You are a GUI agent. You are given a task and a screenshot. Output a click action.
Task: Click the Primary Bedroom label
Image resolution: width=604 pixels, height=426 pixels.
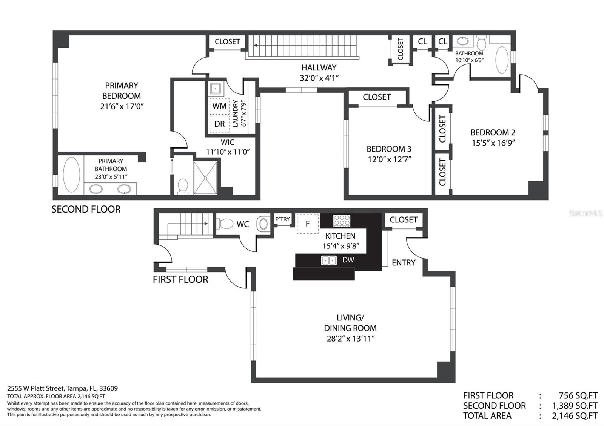[x=121, y=91]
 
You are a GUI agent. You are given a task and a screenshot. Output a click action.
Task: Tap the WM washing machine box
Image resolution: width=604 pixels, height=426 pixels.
[x=219, y=106]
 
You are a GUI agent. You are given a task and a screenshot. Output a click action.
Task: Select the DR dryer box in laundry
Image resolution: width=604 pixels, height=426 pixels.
[x=219, y=124]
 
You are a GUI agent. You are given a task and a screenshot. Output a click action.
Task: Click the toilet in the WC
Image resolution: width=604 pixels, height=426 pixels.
[x=226, y=224]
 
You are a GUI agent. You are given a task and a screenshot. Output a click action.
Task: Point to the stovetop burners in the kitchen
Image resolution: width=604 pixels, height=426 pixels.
[x=342, y=221]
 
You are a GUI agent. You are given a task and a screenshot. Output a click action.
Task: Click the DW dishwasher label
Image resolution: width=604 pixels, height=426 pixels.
[x=348, y=260]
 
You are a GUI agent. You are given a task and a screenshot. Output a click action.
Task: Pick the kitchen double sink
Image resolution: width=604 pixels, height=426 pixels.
[x=329, y=261]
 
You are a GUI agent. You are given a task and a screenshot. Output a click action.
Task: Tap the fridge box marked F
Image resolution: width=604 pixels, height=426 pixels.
[x=308, y=224]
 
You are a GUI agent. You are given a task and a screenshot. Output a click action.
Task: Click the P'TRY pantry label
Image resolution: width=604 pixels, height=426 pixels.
[x=282, y=219]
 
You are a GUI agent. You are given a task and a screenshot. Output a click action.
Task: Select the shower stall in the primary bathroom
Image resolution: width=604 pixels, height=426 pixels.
[x=205, y=178]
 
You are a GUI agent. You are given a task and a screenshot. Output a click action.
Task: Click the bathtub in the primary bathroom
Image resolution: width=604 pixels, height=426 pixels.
[x=71, y=175]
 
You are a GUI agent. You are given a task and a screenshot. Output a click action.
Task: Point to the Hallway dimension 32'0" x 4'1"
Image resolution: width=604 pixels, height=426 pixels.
[x=319, y=78]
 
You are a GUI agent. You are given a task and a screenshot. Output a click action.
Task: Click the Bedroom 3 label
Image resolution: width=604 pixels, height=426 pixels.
[x=389, y=149]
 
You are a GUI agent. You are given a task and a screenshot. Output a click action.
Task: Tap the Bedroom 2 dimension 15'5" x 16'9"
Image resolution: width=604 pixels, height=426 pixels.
[x=493, y=143]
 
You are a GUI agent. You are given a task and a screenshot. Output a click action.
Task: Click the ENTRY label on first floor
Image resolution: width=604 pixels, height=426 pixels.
[x=404, y=262]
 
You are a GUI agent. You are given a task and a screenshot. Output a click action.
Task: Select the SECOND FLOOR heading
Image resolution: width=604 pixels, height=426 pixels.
[x=86, y=210]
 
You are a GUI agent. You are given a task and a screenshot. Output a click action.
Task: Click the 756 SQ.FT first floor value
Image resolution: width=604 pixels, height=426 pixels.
[x=578, y=395]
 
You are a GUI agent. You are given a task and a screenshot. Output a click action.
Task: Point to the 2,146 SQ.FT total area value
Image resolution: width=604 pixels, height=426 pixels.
[x=575, y=416]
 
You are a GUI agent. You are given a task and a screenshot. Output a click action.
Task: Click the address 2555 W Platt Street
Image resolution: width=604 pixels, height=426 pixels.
[x=35, y=388]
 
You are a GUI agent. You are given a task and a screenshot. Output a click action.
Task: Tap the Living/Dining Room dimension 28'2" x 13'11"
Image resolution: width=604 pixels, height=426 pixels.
[x=351, y=339]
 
